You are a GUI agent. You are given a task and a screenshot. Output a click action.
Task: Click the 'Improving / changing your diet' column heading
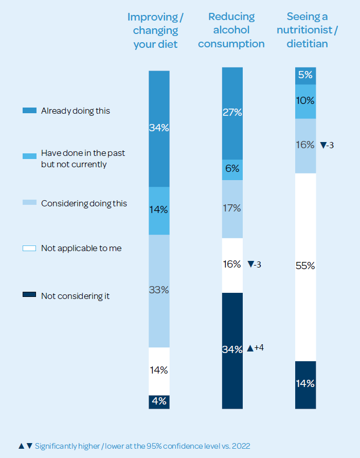pos(155,31)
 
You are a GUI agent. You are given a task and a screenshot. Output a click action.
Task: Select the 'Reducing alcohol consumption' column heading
pos(231,31)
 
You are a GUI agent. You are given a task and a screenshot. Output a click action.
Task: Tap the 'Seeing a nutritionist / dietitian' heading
pos(307,31)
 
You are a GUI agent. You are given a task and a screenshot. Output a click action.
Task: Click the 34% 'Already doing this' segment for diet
pos(159,128)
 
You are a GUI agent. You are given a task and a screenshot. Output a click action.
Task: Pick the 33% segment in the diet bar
pos(159,290)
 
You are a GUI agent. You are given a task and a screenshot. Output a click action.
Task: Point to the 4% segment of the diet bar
pos(159,402)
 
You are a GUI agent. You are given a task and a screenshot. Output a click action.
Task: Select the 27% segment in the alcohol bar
pos(232,113)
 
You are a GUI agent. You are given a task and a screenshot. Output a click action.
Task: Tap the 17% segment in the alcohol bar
pos(232,209)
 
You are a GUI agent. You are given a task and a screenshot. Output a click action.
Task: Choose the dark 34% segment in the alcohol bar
pos(232,350)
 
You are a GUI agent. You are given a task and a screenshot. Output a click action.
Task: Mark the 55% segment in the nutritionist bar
pos(305,267)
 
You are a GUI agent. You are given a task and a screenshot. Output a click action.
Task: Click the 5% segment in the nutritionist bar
pos(305,75)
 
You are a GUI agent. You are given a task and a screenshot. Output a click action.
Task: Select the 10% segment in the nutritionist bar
pos(305,101)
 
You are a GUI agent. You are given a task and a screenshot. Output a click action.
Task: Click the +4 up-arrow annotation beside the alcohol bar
pos(256,348)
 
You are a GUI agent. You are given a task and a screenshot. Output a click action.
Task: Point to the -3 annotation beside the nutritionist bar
pos(327,145)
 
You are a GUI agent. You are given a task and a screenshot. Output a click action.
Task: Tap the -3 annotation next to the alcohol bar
pos(255,265)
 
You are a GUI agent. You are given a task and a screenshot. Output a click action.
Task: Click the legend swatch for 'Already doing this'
pos(29,111)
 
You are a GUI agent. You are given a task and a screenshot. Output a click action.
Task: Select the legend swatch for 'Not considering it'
pos(29,295)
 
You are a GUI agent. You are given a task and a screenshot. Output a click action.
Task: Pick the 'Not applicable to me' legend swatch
pos(29,249)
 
